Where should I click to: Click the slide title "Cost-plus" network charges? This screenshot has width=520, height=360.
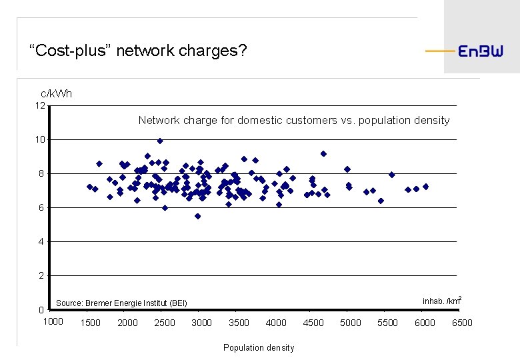138,50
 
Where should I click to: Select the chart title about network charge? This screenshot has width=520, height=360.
294,121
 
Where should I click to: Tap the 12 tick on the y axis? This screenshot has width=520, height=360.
40,106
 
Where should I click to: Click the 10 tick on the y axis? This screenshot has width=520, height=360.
40,140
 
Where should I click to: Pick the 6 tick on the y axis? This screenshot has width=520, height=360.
41,208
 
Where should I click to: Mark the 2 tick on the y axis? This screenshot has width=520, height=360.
41,275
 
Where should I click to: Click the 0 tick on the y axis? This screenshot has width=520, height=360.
41,310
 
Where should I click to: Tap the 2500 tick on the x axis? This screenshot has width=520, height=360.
165,323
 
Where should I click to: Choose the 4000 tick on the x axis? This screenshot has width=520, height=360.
276,323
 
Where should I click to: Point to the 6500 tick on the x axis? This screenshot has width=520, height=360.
462,323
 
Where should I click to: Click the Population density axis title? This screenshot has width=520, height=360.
259,348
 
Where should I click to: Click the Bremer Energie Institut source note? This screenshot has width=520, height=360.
122,303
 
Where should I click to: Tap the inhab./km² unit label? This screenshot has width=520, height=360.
442,301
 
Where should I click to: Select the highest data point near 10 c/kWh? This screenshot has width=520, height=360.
160,141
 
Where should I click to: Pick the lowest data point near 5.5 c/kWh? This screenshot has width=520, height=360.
198,216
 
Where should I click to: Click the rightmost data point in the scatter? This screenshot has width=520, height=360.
425,187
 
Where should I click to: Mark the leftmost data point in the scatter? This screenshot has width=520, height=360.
89,187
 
